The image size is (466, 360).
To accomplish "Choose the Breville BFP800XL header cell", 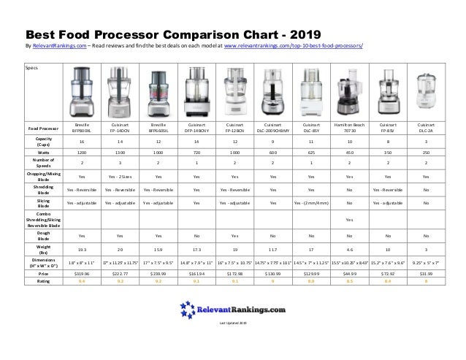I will coord(81,127).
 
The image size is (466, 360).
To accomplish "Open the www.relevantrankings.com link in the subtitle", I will coord(293,45).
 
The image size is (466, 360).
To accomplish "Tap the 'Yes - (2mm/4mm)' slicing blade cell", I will coord(310,202).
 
